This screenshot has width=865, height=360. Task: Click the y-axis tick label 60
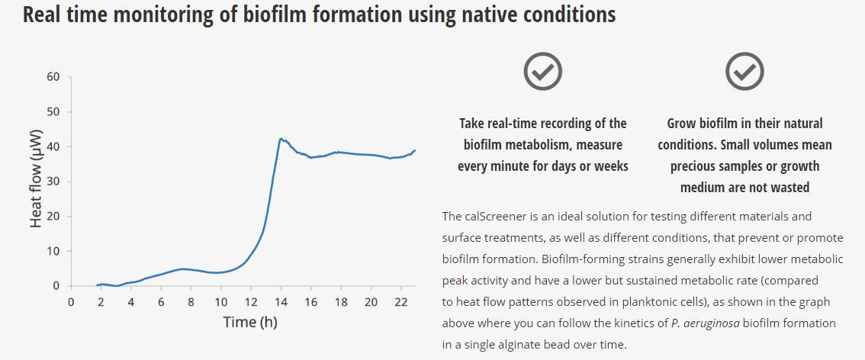point(53,77)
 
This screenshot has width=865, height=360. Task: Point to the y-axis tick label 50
point(53,112)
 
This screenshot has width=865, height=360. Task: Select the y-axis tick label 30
point(53,182)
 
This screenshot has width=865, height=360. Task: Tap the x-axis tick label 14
point(281,302)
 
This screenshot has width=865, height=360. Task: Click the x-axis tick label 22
point(401,302)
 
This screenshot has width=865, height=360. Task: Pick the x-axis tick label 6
point(161,302)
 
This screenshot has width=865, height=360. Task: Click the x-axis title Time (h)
point(250,322)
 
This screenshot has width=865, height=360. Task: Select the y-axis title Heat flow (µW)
point(35,182)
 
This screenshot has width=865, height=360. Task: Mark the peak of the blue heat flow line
point(281,139)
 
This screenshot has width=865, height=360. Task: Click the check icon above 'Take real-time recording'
point(543,72)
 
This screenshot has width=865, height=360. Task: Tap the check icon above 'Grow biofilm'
point(744,72)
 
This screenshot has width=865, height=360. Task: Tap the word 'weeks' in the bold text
point(607,166)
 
